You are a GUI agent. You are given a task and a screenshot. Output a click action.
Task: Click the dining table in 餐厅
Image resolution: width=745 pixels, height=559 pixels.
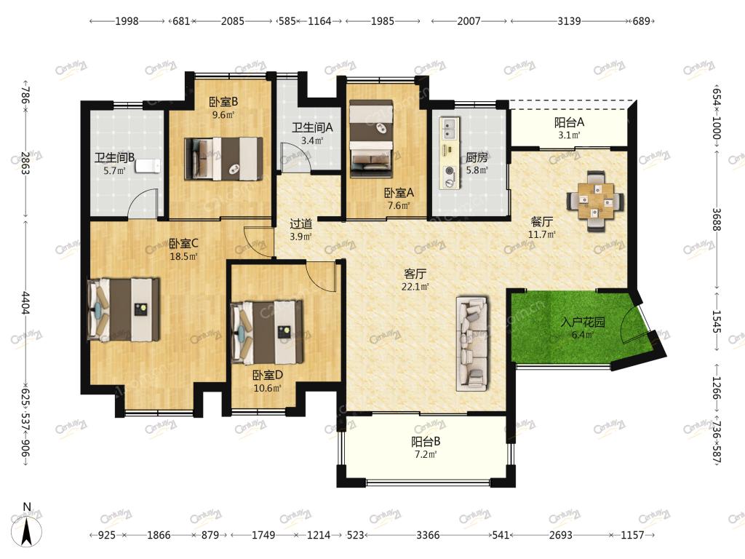click(x=595, y=201)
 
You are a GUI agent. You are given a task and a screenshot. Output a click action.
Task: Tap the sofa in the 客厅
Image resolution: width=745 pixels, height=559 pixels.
click(x=472, y=344)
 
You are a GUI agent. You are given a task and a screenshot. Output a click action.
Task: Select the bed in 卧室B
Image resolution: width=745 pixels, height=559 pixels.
click(x=223, y=159)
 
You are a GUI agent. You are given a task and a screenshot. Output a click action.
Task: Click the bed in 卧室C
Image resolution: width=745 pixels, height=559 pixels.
click(x=124, y=310)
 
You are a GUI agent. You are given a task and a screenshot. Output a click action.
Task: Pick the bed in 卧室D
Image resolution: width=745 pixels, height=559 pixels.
click(x=266, y=331)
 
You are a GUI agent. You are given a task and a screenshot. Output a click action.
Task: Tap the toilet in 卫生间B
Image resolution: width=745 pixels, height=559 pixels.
click(x=148, y=166)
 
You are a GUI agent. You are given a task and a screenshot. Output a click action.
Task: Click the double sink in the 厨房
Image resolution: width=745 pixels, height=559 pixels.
click(x=449, y=125)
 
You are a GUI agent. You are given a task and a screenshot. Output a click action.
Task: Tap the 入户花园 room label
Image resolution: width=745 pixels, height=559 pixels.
click(x=583, y=322)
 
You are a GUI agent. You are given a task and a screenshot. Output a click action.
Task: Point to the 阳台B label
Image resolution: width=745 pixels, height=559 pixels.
click(x=426, y=442)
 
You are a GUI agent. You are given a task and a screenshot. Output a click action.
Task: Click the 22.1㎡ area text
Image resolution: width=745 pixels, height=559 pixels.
click(x=415, y=286)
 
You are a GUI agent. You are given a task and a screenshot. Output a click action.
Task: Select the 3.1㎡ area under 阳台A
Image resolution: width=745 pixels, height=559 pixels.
click(x=569, y=135)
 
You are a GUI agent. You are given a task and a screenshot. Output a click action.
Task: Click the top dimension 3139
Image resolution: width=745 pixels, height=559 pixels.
click(x=569, y=21)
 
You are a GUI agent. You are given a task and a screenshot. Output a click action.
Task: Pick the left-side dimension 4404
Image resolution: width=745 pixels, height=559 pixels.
click(x=25, y=303)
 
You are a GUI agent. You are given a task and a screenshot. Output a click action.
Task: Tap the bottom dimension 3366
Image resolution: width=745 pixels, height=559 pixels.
click(x=428, y=535)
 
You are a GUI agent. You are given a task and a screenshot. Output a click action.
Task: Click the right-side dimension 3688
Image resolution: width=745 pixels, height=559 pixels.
click(x=717, y=220)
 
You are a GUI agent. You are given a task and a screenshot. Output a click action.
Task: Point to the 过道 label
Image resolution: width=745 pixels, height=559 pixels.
click(x=301, y=223)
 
